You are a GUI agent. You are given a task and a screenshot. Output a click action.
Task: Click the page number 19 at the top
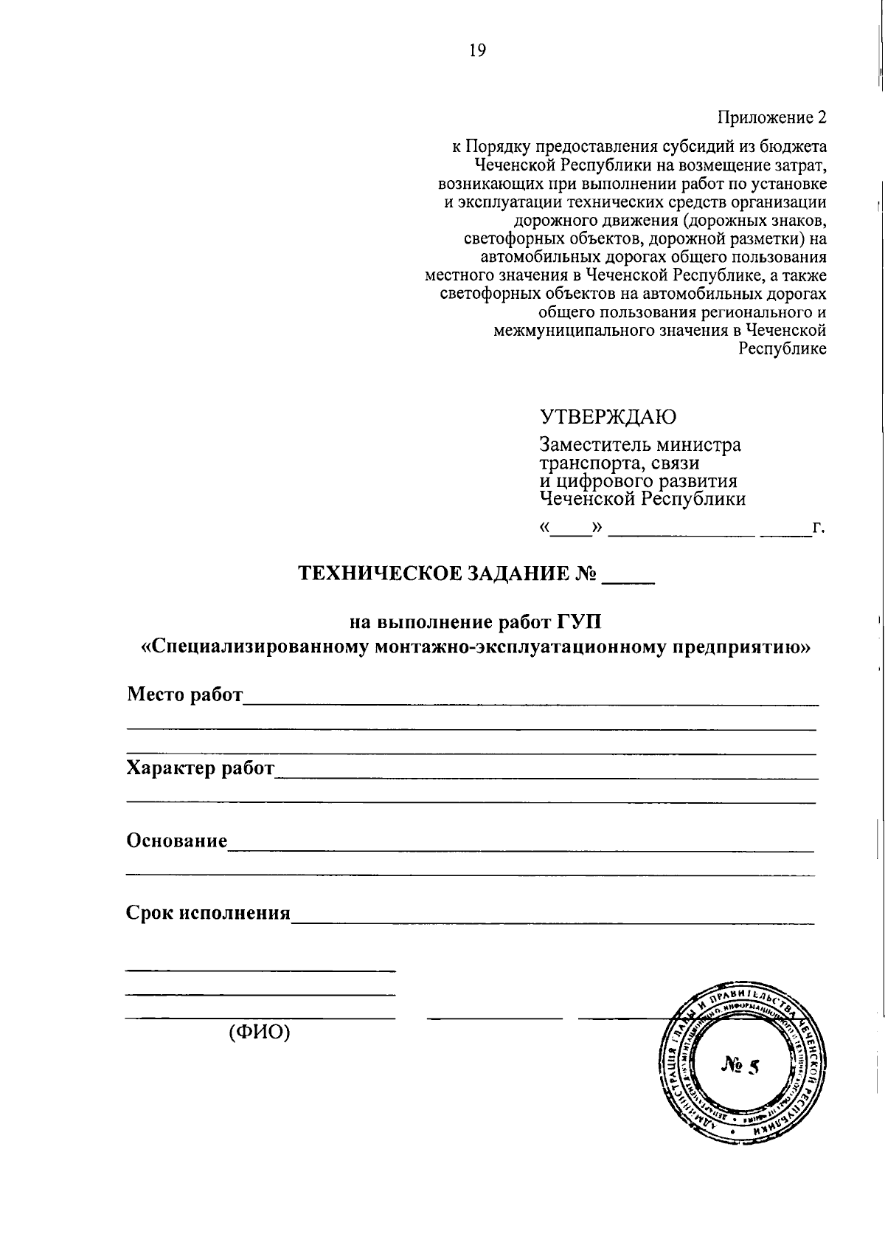(x=477, y=50)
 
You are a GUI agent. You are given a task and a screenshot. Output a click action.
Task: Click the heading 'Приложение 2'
(x=772, y=117)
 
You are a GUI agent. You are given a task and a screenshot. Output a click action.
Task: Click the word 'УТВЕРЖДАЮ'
(x=608, y=417)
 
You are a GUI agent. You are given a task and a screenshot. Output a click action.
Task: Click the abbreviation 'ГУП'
(x=580, y=621)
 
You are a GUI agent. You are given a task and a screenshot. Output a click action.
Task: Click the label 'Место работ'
(x=184, y=695)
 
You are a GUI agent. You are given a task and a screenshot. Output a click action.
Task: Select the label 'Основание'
(x=177, y=841)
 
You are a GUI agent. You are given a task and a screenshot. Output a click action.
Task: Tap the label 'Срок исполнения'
(x=209, y=913)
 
